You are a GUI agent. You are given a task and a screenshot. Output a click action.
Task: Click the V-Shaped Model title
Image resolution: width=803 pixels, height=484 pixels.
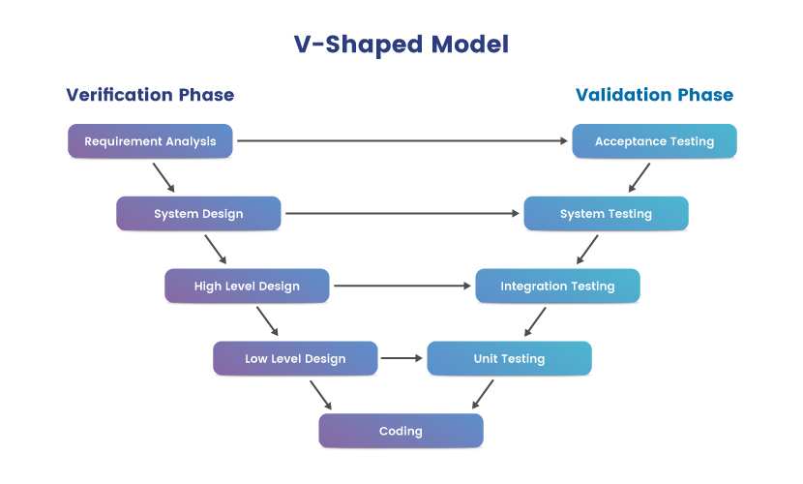401,45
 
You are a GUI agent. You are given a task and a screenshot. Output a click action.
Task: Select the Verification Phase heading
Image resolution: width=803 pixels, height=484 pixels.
150,95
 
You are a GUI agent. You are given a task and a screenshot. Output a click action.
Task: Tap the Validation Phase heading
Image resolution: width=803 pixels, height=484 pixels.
654,95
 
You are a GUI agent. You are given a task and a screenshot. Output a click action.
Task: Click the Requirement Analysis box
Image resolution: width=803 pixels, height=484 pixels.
150,141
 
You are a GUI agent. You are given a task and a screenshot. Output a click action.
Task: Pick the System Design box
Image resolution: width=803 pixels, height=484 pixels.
198,214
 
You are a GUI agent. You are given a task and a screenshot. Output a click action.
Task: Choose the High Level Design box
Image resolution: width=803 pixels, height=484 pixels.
247,286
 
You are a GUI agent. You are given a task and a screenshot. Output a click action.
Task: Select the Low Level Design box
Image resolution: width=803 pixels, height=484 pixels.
295,358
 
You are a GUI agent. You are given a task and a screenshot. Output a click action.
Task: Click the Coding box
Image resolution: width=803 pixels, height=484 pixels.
401,431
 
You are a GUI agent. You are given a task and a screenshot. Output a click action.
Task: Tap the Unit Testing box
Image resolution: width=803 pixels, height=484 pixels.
510,358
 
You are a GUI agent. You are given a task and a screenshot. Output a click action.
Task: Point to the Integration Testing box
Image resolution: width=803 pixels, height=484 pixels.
557,286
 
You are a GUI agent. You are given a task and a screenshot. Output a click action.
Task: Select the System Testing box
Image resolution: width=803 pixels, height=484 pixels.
607,214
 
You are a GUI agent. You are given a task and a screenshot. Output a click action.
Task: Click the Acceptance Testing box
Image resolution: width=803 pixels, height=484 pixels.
654,141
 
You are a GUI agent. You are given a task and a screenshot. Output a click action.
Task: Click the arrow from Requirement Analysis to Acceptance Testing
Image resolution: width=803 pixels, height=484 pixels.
402,141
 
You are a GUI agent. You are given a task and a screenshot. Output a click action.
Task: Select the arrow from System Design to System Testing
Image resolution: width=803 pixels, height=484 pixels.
402,214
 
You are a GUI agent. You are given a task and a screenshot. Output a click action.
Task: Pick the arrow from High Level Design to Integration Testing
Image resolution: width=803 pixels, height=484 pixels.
402,286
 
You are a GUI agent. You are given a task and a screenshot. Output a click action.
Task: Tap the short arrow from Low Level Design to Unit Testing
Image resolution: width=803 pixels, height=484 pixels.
402,358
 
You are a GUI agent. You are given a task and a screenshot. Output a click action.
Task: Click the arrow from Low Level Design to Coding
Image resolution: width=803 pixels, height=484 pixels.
321,395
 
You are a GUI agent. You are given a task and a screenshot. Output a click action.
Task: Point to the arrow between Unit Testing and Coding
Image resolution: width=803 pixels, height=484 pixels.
483,394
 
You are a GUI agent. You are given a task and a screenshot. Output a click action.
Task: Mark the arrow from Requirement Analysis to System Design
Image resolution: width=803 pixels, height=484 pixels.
164,178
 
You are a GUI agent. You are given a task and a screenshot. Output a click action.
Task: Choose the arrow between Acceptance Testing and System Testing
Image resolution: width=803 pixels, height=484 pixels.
639,178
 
